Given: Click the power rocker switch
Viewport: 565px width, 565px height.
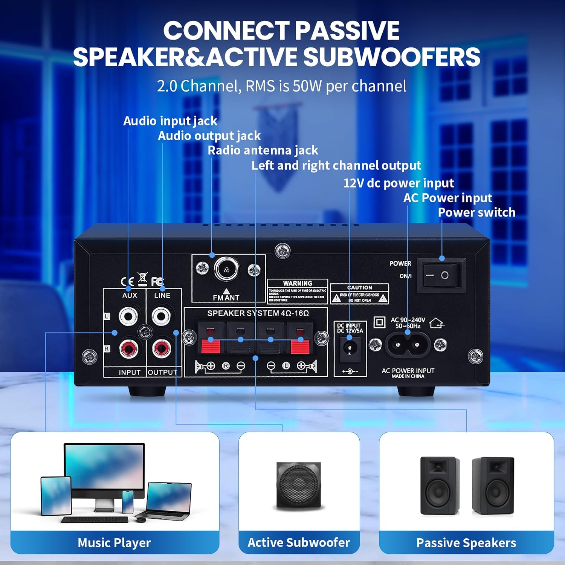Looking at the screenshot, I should click(441, 275).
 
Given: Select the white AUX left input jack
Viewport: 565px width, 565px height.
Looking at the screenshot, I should click(128, 316).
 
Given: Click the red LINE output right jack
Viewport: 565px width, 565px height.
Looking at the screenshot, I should click(162, 349).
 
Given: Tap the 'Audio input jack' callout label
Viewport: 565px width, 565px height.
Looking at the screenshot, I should click(170, 121).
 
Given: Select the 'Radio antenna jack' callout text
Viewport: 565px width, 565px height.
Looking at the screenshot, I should click(263, 150).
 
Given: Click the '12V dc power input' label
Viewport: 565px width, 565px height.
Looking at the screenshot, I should click(398, 183).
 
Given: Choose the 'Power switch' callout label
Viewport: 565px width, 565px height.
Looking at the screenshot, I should click(476, 212).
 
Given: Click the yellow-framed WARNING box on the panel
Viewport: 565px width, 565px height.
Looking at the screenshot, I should click(298, 292).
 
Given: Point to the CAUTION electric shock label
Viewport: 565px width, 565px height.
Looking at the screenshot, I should click(360, 294).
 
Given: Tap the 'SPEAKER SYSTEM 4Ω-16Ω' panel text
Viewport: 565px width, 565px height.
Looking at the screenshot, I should click(258, 313).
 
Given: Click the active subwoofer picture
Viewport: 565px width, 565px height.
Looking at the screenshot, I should click(299, 485).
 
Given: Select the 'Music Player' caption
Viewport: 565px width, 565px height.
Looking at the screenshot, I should click(114, 543).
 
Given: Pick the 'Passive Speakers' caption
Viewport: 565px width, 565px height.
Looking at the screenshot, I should click(466, 543).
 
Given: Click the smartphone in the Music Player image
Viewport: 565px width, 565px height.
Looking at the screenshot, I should click(128, 501).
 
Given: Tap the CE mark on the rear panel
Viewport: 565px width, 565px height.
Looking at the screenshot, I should click(127, 281).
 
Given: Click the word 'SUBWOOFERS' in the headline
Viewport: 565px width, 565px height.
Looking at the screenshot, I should click(392, 57).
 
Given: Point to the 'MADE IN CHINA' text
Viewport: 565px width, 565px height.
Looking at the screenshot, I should click(408, 376).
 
